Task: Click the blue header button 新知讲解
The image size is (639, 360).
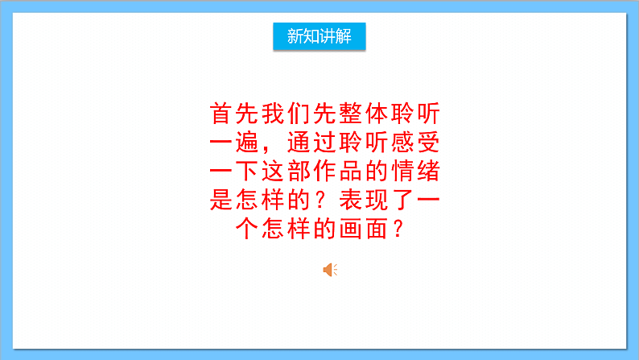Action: [319, 36]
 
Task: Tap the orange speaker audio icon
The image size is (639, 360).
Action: [329, 270]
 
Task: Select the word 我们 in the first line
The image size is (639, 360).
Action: [284, 114]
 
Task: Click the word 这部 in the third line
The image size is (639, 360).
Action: [284, 172]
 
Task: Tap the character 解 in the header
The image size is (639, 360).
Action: [344, 36]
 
